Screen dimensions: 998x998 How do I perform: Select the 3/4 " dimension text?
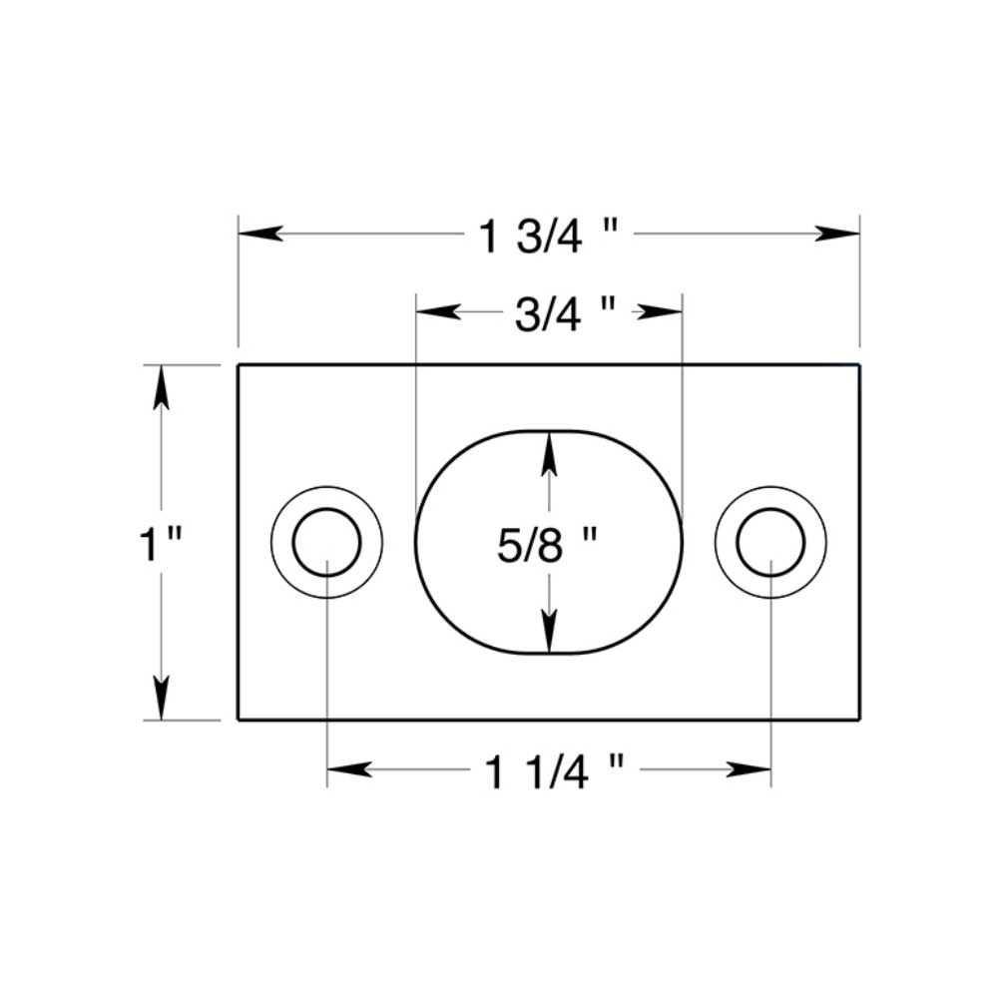click(x=564, y=314)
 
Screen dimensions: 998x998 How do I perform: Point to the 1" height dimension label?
click(x=160, y=545)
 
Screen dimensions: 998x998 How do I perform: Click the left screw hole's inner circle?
click(x=326, y=542)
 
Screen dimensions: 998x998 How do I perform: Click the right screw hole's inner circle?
click(x=770, y=542)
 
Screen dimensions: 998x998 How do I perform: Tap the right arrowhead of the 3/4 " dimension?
click(x=663, y=311)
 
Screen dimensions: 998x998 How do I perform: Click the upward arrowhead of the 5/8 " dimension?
click(x=548, y=450)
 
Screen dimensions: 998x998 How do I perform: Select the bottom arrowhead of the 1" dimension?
click(x=161, y=698)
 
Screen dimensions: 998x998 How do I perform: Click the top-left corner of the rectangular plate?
click(x=238, y=365)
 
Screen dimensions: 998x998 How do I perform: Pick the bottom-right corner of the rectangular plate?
click(x=859, y=719)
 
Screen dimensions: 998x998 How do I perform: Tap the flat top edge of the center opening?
click(x=548, y=431)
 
